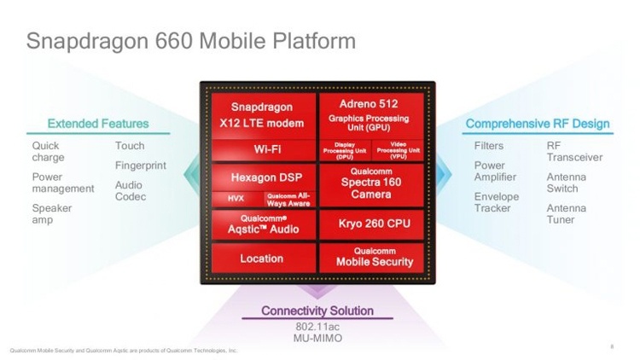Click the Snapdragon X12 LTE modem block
click(x=261, y=115)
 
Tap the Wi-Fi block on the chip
click(x=261, y=149)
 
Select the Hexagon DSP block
click(x=261, y=177)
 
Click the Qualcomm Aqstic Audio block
click(x=261, y=224)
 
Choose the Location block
click(x=261, y=258)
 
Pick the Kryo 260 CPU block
click(x=369, y=224)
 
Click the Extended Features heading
click(x=97, y=124)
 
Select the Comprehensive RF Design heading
click(x=537, y=124)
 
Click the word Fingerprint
click(x=141, y=165)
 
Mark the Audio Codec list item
click(x=131, y=191)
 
